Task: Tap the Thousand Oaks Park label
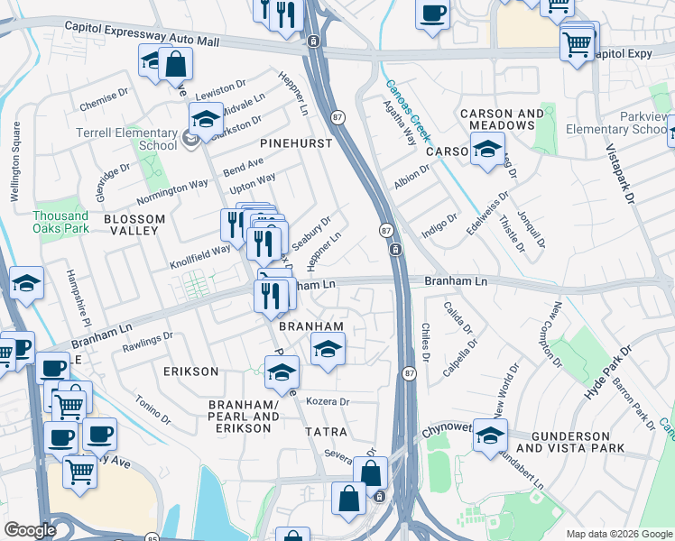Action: point(60,222)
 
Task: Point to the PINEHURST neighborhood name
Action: point(296,143)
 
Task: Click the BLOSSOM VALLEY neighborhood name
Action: point(134,225)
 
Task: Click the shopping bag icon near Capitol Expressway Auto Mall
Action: point(176,63)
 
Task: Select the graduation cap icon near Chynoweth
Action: point(490,435)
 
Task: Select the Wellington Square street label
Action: point(15,172)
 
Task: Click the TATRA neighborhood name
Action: point(326,432)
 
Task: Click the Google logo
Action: point(31,530)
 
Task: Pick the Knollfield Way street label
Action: point(201,255)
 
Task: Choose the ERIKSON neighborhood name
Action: point(190,371)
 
